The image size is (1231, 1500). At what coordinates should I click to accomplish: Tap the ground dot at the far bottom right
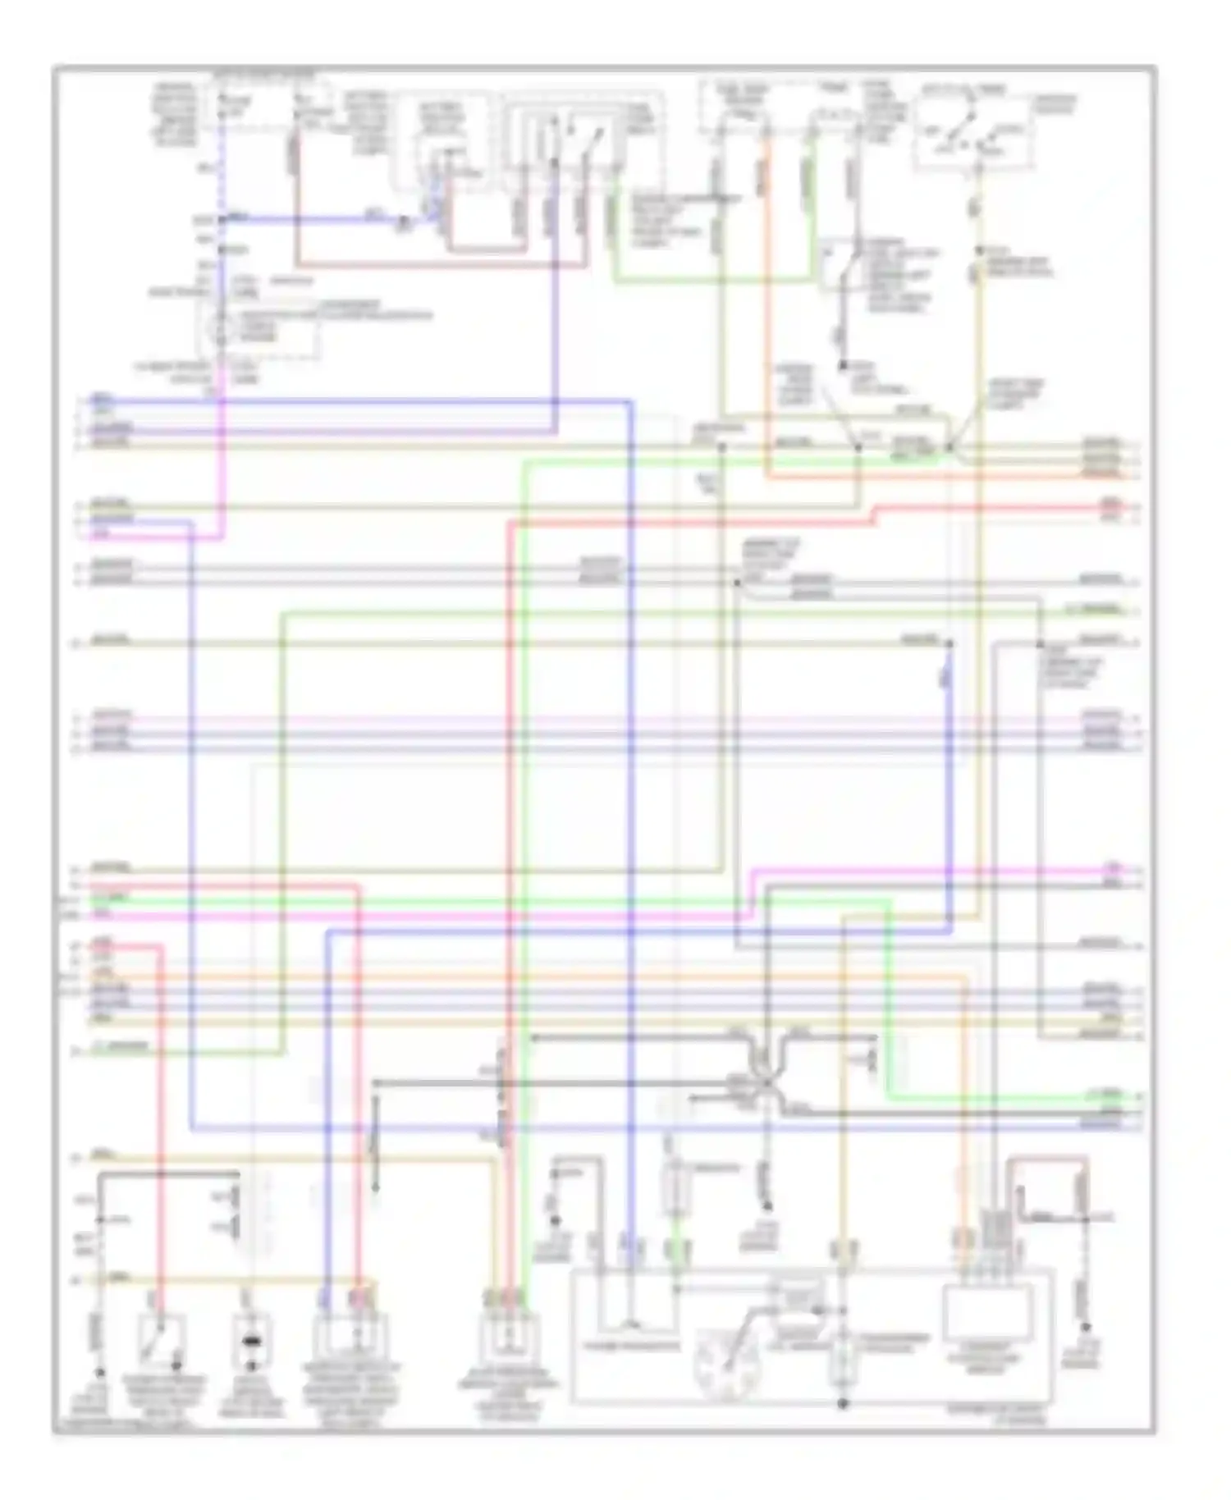pos(1086,1350)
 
